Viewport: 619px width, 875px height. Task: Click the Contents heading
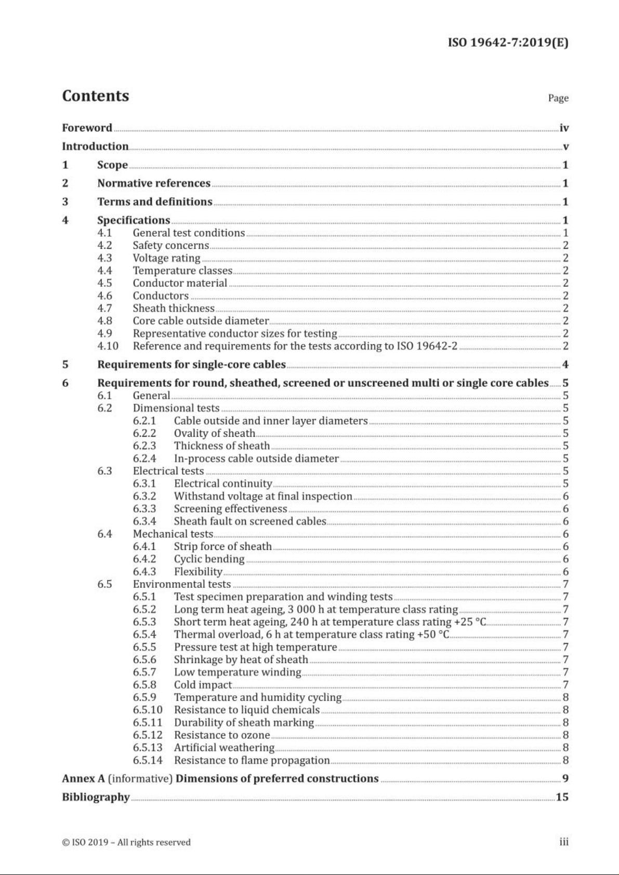point(96,96)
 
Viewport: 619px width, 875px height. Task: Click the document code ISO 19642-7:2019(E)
point(508,43)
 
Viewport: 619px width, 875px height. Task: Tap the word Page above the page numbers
point(558,98)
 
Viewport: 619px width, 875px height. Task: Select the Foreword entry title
point(87,128)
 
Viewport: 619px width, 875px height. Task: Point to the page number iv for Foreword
point(564,128)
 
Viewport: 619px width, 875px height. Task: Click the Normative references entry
point(154,183)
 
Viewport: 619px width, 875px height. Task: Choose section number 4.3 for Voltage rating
point(104,258)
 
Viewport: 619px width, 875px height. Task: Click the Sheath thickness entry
point(174,308)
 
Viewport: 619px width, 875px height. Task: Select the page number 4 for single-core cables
point(565,365)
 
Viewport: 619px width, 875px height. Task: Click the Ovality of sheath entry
point(214,434)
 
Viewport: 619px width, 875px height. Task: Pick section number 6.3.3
point(144,509)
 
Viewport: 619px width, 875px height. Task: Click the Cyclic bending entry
point(209,559)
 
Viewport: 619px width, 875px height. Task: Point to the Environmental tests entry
point(181,584)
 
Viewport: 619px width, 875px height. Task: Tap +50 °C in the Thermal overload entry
point(433,635)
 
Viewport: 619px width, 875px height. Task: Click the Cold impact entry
point(203,685)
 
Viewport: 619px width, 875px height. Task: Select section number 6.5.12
point(147,735)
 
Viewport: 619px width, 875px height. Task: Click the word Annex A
point(83,779)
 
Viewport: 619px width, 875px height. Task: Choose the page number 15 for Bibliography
point(562,797)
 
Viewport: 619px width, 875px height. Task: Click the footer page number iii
point(564,842)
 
